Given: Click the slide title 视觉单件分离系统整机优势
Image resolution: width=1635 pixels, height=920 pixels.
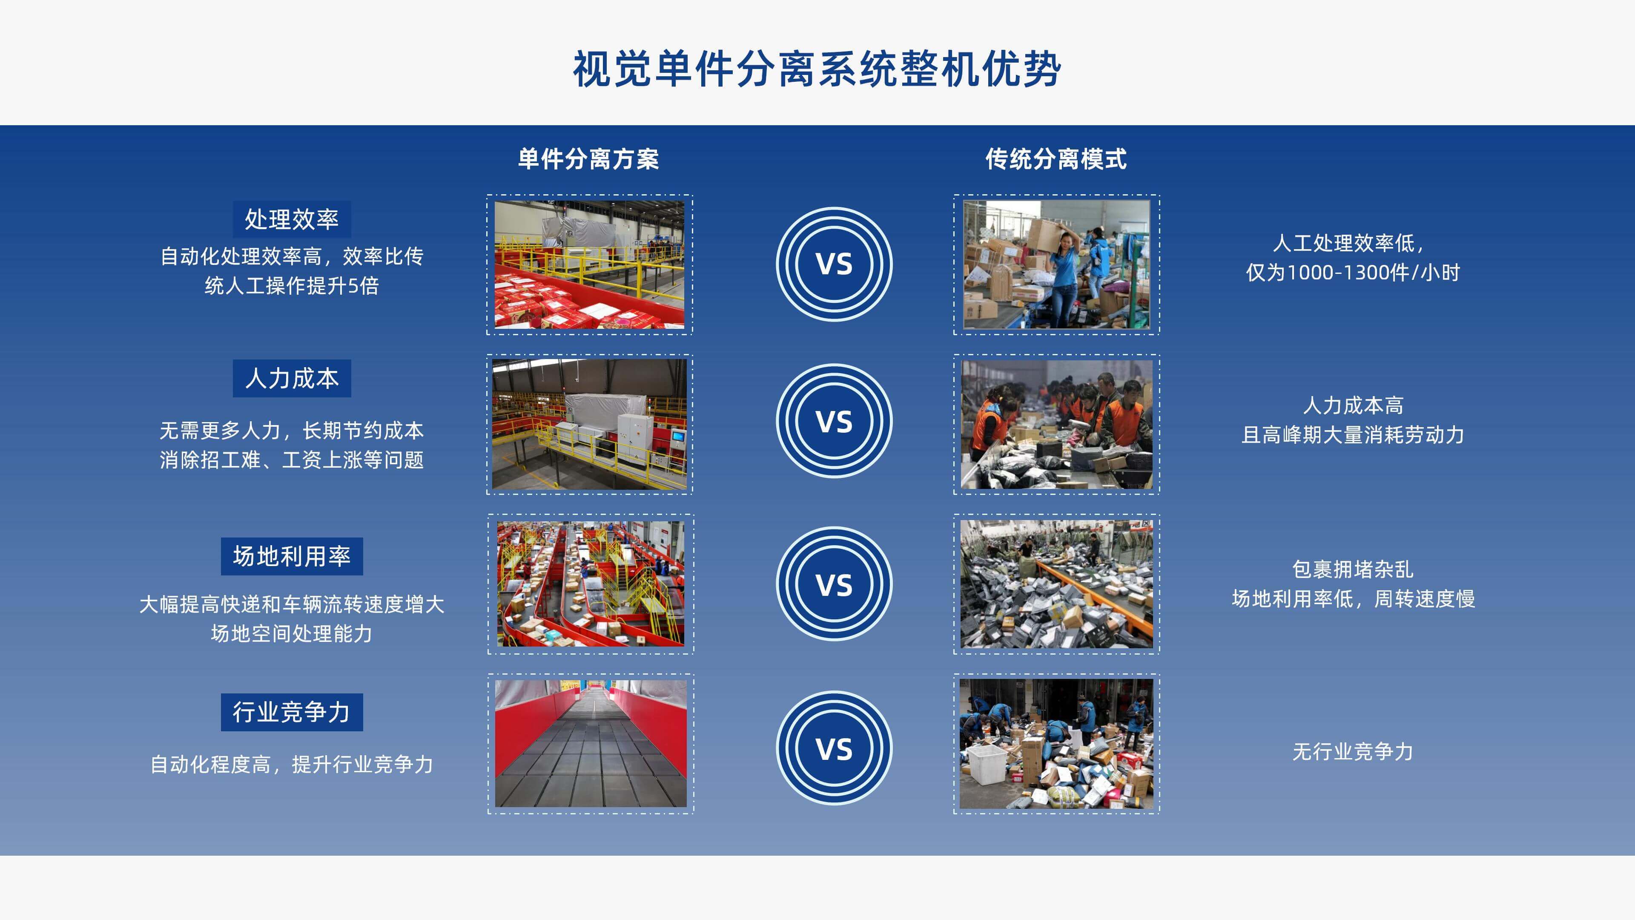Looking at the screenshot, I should click(x=817, y=69).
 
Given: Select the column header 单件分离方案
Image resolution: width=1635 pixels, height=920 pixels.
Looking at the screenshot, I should click(x=588, y=159).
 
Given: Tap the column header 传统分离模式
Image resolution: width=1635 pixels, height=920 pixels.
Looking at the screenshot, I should click(x=1056, y=159).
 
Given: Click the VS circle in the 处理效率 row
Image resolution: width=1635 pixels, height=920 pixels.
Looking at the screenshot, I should click(x=834, y=264).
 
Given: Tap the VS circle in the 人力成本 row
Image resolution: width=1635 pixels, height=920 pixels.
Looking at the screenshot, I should click(x=834, y=421).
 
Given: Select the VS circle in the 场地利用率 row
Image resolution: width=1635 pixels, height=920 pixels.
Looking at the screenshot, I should click(x=834, y=584).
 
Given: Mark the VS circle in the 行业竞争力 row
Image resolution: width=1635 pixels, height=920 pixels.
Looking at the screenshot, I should click(x=834, y=748).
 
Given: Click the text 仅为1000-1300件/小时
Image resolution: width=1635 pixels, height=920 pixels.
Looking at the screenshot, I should click(x=1353, y=273).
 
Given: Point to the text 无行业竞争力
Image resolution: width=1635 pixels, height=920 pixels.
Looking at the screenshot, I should click(x=1353, y=752).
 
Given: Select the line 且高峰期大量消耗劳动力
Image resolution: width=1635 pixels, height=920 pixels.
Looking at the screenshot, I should click(x=1353, y=435).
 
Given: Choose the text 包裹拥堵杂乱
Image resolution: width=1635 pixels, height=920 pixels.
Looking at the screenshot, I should click(x=1353, y=569).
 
